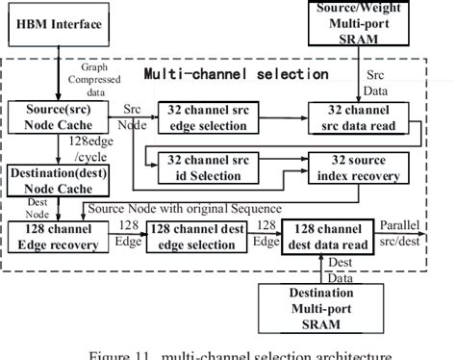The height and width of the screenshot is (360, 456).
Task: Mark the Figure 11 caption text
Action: coord(228,352)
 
